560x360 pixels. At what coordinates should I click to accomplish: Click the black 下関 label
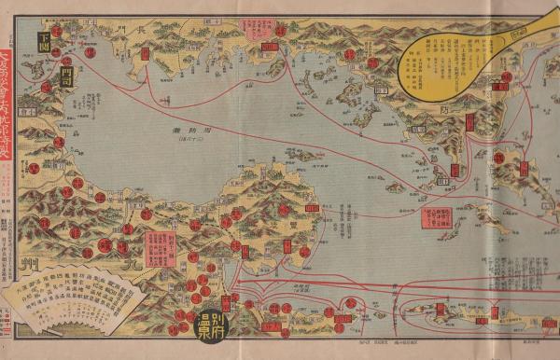click(x=45, y=38)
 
